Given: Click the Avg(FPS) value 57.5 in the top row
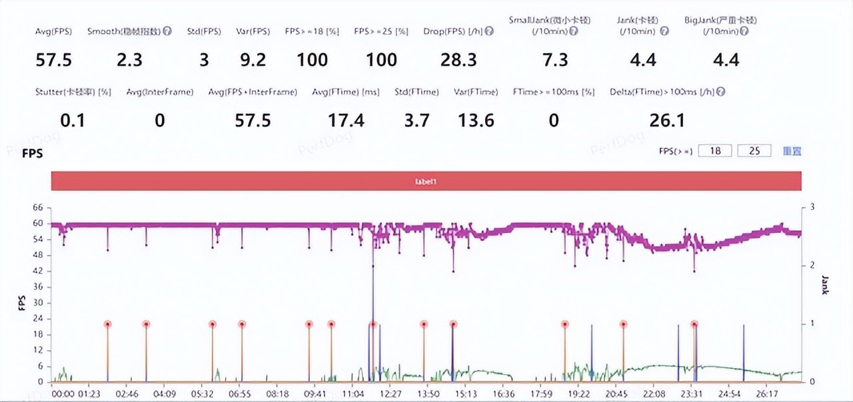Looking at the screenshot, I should (x=53, y=60).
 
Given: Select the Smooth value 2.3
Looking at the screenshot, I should (x=129, y=60).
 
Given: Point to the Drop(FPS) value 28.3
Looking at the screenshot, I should (x=458, y=60).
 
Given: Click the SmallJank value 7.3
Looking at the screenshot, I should (x=555, y=60).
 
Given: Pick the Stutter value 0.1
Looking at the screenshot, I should (x=74, y=120).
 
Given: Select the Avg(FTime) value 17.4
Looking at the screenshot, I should (x=346, y=120).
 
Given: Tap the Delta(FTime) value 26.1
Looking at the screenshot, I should (x=667, y=120).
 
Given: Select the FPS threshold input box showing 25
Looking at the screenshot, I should (x=754, y=151).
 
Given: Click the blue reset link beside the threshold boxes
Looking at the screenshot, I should (x=792, y=151).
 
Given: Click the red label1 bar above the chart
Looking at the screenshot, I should (x=426, y=181).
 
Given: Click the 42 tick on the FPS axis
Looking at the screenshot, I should (x=38, y=272).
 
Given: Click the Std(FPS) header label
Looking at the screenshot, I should (x=203, y=31).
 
